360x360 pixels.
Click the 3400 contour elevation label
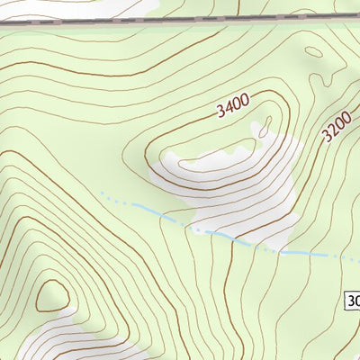click(231, 106)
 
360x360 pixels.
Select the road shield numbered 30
click(352, 300)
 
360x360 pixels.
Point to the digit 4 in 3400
click(228, 109)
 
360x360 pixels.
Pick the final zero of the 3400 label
click(243, 100)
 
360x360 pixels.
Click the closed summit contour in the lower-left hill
click(51, 294)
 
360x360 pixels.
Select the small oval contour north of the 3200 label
click(316, 56)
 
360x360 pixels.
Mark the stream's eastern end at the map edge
click(356, 257)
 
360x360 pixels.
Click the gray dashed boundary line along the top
click(180, 20)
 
